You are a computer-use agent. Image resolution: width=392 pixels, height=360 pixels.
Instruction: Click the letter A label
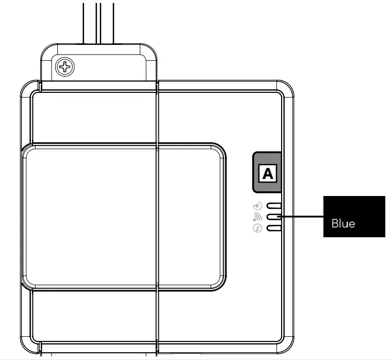click(268, 173)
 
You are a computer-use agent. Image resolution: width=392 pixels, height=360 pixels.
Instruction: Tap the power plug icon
click(258, 206)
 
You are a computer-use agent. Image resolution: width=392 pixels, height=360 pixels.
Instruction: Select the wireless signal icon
click(258, 217)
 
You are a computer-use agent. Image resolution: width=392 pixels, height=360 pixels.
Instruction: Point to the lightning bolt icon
click(258, 228)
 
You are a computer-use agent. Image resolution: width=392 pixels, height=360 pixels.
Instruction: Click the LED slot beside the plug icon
click(273, 206)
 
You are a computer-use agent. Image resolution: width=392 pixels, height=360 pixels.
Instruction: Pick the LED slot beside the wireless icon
click(273, 217)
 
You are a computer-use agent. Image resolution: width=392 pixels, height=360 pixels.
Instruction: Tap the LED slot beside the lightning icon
click(273, 228)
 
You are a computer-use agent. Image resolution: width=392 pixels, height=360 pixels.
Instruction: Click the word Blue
click(343, 224)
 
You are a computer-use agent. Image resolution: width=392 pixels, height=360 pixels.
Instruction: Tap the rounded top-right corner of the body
click(287, 89)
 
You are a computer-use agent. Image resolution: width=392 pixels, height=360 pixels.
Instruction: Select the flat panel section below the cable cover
click(93, 116)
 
